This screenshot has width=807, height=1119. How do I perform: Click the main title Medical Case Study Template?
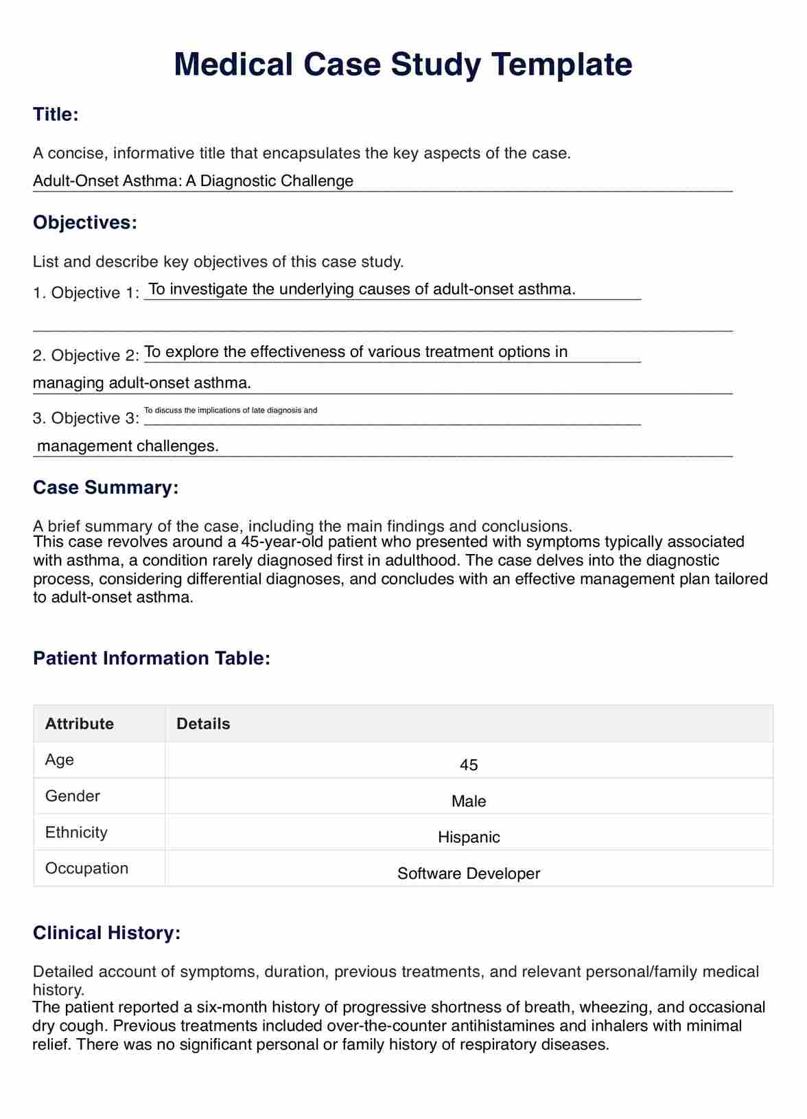(403, 65)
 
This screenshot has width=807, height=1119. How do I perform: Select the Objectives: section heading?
(85, 222)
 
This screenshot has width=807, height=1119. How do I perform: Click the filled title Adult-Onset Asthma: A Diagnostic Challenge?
(193, 181)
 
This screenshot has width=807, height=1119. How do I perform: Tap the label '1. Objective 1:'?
(86, 293)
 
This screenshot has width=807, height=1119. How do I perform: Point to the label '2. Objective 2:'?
(86, 356)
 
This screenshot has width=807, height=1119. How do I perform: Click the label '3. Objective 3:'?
(86, 418)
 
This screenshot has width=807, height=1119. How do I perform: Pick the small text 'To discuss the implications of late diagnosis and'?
(231, 411)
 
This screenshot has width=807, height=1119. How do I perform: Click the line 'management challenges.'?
(128, 446)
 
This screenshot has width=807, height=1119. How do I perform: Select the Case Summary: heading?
(106, 487)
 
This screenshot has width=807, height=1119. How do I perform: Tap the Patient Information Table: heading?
(152, 658)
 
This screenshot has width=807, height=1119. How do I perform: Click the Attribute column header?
(80, 724)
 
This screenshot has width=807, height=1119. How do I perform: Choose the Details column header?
(203, 724)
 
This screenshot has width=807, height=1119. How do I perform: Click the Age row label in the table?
(60, 760)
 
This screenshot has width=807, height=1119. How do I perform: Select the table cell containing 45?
(469, 765)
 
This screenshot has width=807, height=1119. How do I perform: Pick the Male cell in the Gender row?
(469, 801)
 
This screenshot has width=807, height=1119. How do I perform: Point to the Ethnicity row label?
(76, 833)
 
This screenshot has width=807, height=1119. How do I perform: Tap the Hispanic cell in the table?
(469, 838)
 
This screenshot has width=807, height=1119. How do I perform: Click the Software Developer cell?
(469, 874)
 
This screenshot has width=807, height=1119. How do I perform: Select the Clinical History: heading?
(107, 933)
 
